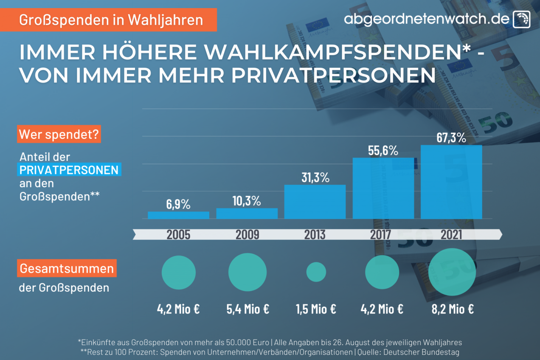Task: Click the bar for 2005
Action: (178, 215)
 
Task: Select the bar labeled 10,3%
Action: (247, 214)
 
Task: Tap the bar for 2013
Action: (315, 202)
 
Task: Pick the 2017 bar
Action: (383, 188)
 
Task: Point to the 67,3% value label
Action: (451, 138)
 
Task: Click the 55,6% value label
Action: (383, 150)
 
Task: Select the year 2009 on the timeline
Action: (247, 234)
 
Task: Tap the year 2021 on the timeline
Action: (451, 234)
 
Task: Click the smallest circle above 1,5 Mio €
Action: (316, 272)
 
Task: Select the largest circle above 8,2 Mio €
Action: (452, 272)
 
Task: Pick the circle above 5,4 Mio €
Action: (247, 272)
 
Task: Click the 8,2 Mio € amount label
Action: (453, 309)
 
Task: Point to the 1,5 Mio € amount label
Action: (316, 309)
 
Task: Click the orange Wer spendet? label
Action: (59, 135)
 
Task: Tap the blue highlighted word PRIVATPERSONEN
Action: (69, 170)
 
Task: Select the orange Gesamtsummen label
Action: (67, 268)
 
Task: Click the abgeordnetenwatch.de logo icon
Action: (521, 19)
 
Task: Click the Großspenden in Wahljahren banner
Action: (111, 20)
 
